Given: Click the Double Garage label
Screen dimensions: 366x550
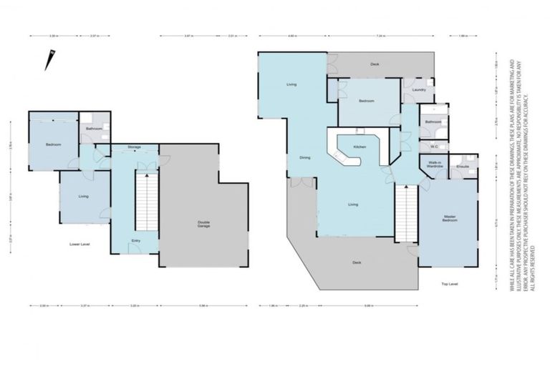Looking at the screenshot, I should coord(203,223).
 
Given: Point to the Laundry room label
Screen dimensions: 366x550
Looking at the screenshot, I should coord(420,90).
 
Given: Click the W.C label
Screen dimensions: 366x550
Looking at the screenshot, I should coord(434,146).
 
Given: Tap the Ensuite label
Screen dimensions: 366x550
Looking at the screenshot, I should coord(463,166).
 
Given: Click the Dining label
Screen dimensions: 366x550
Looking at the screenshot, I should coord(305,157).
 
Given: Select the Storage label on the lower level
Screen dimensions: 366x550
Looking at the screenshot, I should coord(134,147).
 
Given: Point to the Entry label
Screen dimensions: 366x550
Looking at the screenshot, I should coord(136,241).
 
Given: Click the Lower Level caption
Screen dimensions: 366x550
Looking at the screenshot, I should coord(79,244).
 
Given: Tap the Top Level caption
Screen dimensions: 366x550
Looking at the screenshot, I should coord(450,284).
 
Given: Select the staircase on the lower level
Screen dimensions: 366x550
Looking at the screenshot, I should coord(146,202).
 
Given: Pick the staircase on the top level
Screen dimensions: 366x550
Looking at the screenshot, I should coord(405,212).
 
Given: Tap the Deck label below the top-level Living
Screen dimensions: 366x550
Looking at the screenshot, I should coord(357,262).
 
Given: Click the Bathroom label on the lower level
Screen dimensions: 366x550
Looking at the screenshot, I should coord(94,129).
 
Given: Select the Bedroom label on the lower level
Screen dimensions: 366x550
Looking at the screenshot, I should coord(53,145).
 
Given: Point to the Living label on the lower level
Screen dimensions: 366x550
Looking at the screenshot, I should coord(84,196).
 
